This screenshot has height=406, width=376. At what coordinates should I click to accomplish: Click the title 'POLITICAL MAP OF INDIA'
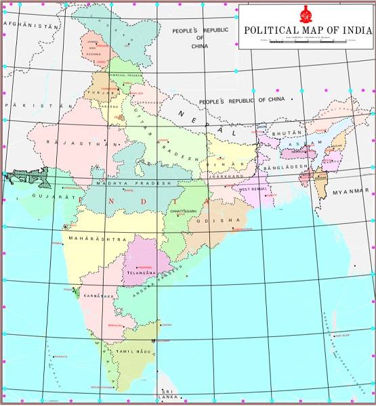tap(307, 30)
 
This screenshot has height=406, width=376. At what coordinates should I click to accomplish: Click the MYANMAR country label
tap(350, 192)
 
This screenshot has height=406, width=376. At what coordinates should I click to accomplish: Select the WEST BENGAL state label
tap(251, 189)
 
